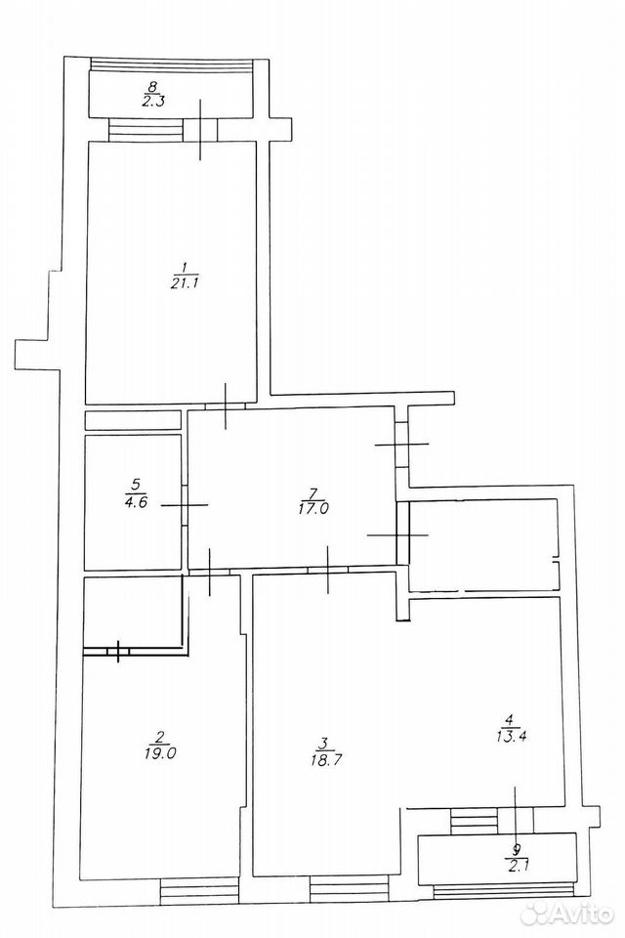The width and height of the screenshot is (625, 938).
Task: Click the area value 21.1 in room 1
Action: [x=184, y=282]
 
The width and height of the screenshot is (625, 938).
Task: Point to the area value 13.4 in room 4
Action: [x=511, y=735]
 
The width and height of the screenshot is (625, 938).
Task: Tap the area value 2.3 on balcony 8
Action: [x=153, y=101]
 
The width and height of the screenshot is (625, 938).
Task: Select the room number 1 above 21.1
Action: [x=185, y=266]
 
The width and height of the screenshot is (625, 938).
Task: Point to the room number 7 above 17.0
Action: [x=313, y=492]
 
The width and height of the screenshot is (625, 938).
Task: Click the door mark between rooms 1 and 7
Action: [x=225, y=406]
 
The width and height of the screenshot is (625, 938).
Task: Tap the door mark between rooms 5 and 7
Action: [x=185, y=505]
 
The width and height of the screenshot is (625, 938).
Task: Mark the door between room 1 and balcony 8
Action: [x=200, y=129]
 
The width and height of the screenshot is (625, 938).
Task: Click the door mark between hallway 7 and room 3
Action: [x=328, y=570]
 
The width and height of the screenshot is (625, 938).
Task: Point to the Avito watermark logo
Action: [x=566, y=915]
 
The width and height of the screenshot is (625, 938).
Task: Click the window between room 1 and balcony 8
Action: [x=146, y=129]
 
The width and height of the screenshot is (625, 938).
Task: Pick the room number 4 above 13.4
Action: [x=509, y=719]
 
